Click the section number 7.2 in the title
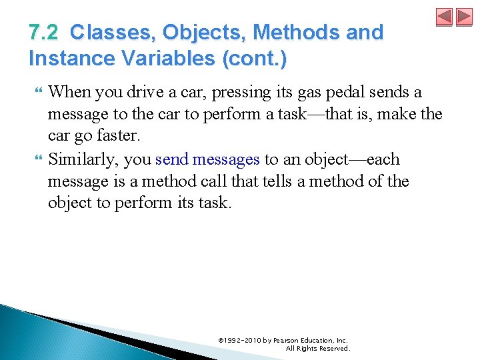click(43, 32)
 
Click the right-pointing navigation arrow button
click(463, 17)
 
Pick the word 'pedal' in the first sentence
click(355, 92)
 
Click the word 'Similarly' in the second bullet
click(85, 159)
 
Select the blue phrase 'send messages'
click(207, 159)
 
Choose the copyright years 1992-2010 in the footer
click(242, 340)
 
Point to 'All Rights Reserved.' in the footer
click(317, 348)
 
